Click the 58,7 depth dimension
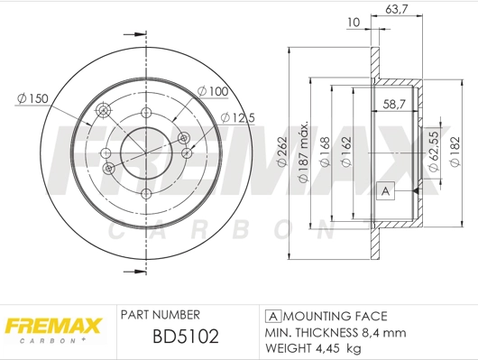(x=392, y=105)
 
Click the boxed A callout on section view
(x=385, y=190)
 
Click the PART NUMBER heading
(x=160, y=315)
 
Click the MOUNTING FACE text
(x=335, y=316)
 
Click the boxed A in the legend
(x=272, y=316)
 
